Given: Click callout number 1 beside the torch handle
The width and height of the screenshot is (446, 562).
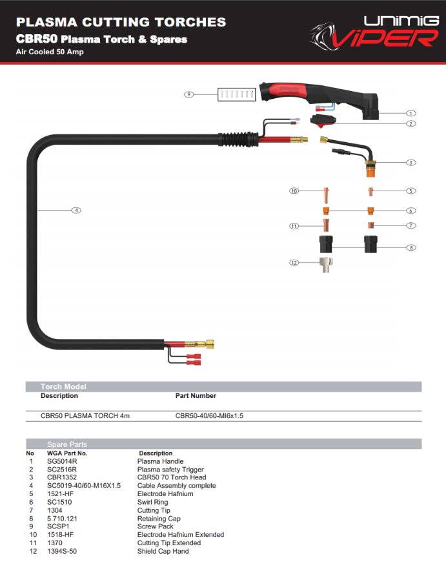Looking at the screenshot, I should [x=411, y=113].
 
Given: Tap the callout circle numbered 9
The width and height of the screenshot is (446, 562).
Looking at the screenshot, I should [x=189, y=94].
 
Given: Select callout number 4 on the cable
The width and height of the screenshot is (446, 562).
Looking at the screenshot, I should [x=76, y=210].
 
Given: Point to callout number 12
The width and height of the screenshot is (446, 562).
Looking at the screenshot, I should [x=294, y=263].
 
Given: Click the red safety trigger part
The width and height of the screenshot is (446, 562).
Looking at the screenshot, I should [x=323, y=121].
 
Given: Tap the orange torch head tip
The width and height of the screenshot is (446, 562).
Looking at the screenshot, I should [x=371, y=172].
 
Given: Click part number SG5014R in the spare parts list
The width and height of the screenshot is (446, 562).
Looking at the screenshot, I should [x=62, y=461].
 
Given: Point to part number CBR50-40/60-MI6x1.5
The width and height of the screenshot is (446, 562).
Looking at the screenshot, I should [x=209, y=415].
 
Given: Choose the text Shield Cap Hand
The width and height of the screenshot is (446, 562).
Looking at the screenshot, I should [x=163, y=551].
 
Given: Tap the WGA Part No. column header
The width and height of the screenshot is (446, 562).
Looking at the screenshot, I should [x=66, y=453].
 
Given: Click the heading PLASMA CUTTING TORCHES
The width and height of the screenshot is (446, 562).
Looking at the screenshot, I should [x=121, y=22].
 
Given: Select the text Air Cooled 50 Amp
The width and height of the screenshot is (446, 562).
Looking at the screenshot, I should [x=50, y=52].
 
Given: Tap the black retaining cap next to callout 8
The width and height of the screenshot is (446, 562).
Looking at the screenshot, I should [x=370, y=245].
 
